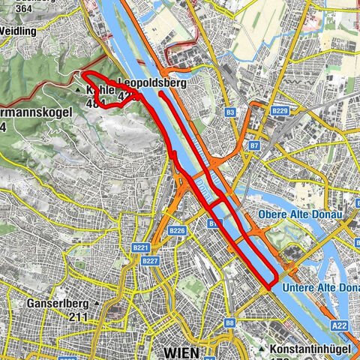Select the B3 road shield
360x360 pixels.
point(230,112)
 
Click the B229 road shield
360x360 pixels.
point(279,111)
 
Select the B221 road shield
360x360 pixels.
point(140,247)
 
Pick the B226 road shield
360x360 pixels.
point(177,230)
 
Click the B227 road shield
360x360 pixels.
point(150,261)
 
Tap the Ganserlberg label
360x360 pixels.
point(58,304)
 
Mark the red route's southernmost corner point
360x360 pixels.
point(270,286)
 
